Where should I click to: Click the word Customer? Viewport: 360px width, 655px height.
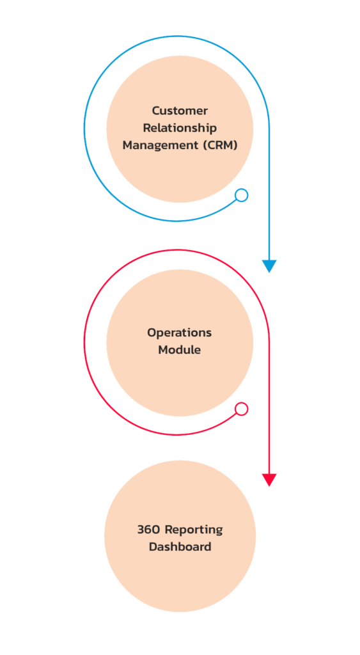pos(180,111)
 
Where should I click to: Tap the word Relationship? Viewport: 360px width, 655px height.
pos(180,128)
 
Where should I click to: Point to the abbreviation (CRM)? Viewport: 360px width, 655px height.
pos(220,145)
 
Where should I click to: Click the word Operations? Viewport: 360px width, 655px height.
pos(180,333)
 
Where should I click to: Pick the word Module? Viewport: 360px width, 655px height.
pos(180,350)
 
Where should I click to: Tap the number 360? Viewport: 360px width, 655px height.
pos(149,530)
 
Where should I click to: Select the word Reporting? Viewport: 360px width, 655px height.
pos(194,530)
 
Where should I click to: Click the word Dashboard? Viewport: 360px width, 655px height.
pos(180,546)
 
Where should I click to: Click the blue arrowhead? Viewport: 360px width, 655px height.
pos(269,265)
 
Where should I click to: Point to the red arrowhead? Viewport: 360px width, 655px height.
pos(269,480)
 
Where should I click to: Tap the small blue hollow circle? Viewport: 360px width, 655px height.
pos(242,195)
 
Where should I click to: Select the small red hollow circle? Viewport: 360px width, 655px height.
pos(242,409)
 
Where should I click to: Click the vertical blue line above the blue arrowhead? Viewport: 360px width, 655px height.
pos(269,194)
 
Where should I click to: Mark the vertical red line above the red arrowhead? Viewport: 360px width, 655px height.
pos(269,408)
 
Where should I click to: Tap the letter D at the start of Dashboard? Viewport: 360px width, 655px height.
pos(153,546)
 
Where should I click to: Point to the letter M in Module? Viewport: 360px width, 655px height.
pos(163,350)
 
